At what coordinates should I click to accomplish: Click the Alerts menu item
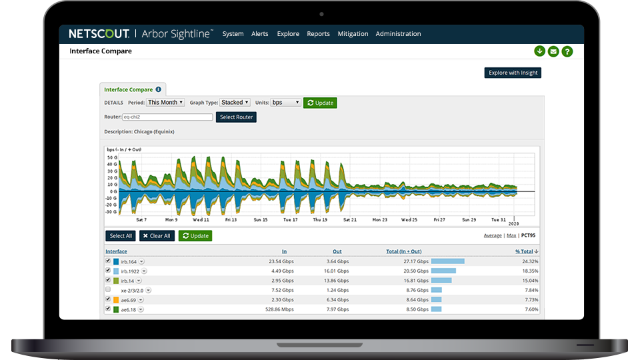click(259, 34)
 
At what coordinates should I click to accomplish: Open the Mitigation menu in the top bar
click(353, 34)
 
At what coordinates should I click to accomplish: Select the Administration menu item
click(398, 34)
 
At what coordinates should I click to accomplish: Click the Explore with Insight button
click(512, 73)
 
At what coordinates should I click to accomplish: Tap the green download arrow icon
click(539, 51)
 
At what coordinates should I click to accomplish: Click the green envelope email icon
click(553, 51)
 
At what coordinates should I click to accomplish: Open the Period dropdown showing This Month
click(165, 103)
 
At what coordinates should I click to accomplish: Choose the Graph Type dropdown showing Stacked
click(235, 103)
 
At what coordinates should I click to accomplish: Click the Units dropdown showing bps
click(286, 103)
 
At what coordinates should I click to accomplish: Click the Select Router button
click(235, 117)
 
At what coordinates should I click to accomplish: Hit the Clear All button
click(157, 236)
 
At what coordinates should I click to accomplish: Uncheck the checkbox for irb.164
click(108, 261)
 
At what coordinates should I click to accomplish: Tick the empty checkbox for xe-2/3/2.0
click(108, 290)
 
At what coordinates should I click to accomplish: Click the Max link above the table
click(511, 236)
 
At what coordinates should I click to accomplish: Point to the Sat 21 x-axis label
click(350, 219)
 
